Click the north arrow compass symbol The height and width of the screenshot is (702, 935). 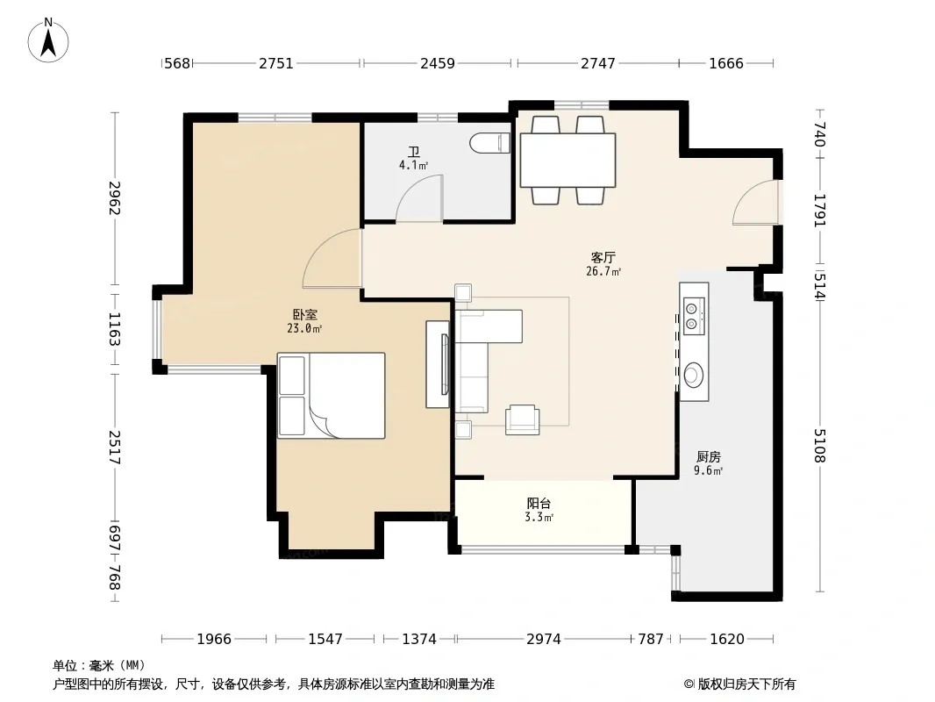coord(48,40)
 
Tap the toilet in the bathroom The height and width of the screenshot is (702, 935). coord(489,143)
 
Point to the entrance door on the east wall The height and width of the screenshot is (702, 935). coord(756,202)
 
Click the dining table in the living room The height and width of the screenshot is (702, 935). coord(567,161)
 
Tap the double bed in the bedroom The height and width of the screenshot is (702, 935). coord(331,396)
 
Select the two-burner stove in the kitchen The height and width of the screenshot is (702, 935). coord(694,316)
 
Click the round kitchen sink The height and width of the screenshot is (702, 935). coord(693,375)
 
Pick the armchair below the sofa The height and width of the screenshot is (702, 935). coord(523,419)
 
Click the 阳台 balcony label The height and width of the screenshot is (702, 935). coord(539,504)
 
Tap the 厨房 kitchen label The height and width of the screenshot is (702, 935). coord(709,457)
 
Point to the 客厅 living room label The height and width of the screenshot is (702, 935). coord(603,257)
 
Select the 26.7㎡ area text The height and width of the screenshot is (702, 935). coord(603,271)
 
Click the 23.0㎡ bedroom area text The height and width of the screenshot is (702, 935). coord(304,328)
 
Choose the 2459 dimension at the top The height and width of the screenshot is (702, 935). coord(438,63)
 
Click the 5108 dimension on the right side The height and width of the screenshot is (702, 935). coord(820,446)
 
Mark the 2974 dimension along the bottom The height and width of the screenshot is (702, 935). coord(543,640)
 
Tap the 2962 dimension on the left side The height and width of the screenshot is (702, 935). coord(115,198)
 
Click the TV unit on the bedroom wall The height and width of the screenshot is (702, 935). coord(438,364)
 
